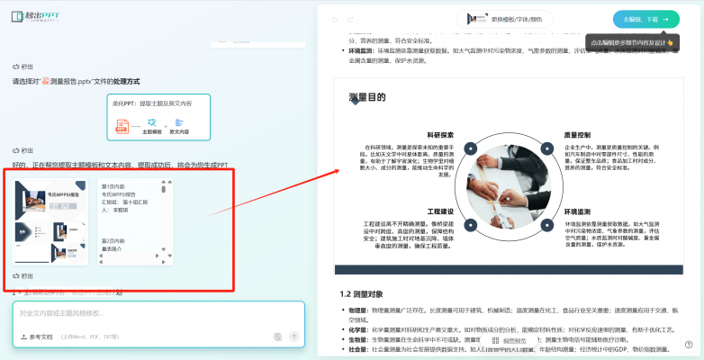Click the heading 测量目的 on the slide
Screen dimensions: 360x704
(x=366, y=97)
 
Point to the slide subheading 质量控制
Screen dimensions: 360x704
(x=577, y=135)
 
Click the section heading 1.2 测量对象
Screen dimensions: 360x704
(x=361, y=294)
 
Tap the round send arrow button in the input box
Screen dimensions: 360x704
(x=293, y=337)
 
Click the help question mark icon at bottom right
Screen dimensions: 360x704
(x=688, y=344)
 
